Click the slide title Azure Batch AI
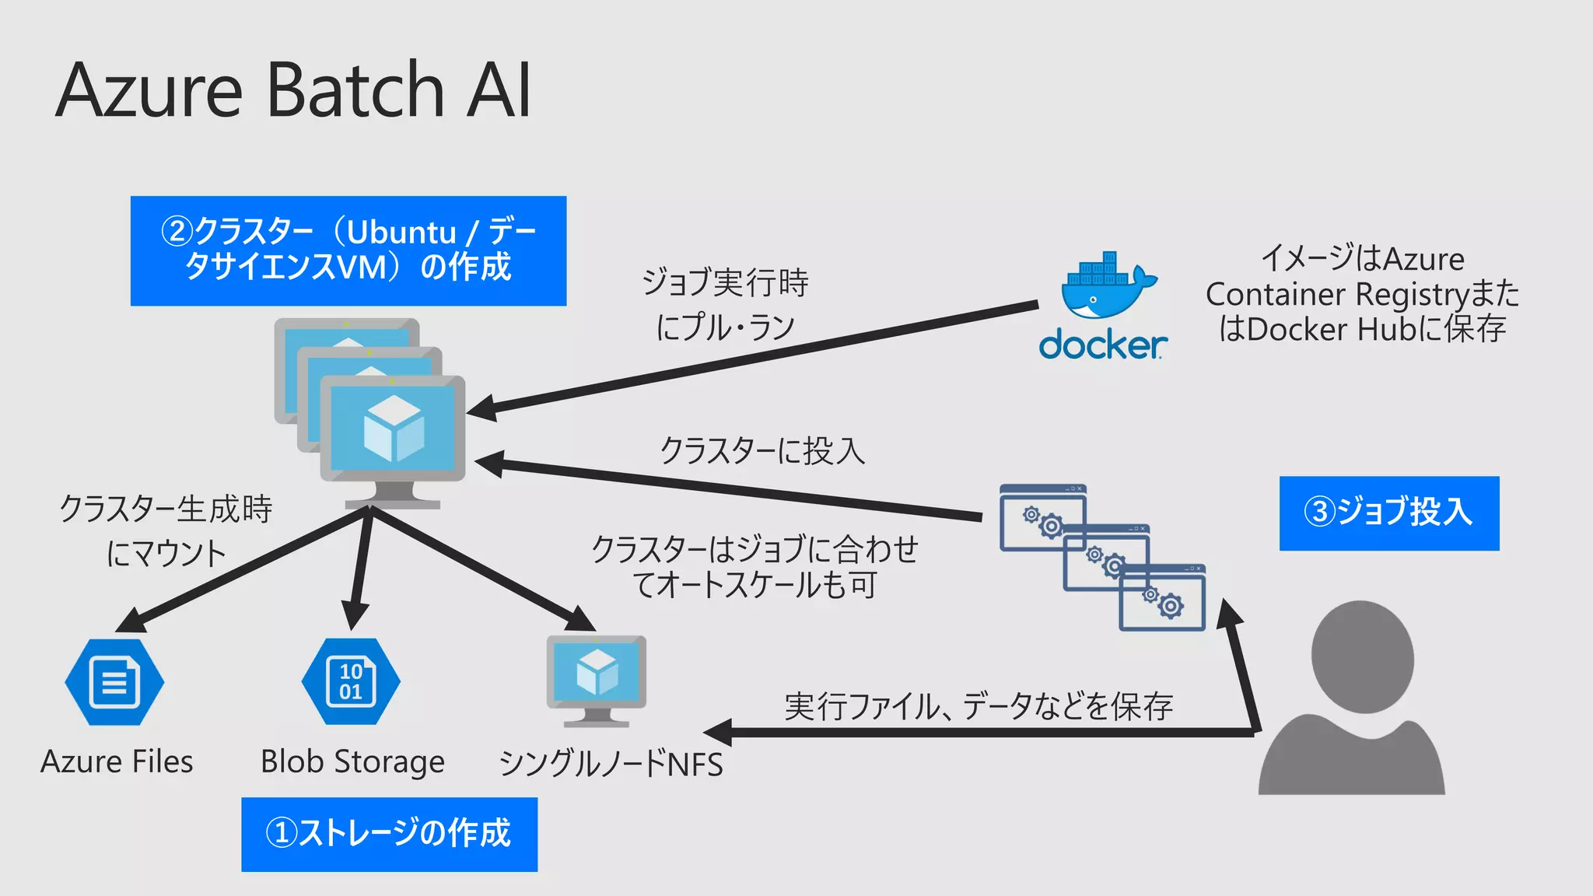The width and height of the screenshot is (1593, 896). click(294, 90)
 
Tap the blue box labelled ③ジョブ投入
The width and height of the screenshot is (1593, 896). click(1388, 513)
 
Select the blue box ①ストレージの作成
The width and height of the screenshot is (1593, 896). click(389, 834)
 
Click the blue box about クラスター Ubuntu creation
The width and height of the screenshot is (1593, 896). click(348, 250)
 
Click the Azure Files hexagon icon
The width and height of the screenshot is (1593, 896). click(114, 682)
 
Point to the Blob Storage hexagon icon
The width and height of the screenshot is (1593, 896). click(351, 682)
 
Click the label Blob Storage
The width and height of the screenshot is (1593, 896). click(352, 761)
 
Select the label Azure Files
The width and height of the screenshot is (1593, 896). click(117, 761)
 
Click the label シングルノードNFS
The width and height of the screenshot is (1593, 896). click(611, 764)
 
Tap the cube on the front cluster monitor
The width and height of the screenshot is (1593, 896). click(394, 429)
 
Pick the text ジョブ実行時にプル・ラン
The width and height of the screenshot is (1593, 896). click(725, 304)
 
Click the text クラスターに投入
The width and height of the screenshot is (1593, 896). click(761, 450)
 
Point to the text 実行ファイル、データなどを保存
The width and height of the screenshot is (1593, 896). click(978, 706)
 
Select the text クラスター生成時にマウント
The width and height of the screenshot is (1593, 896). click(166, 531)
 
